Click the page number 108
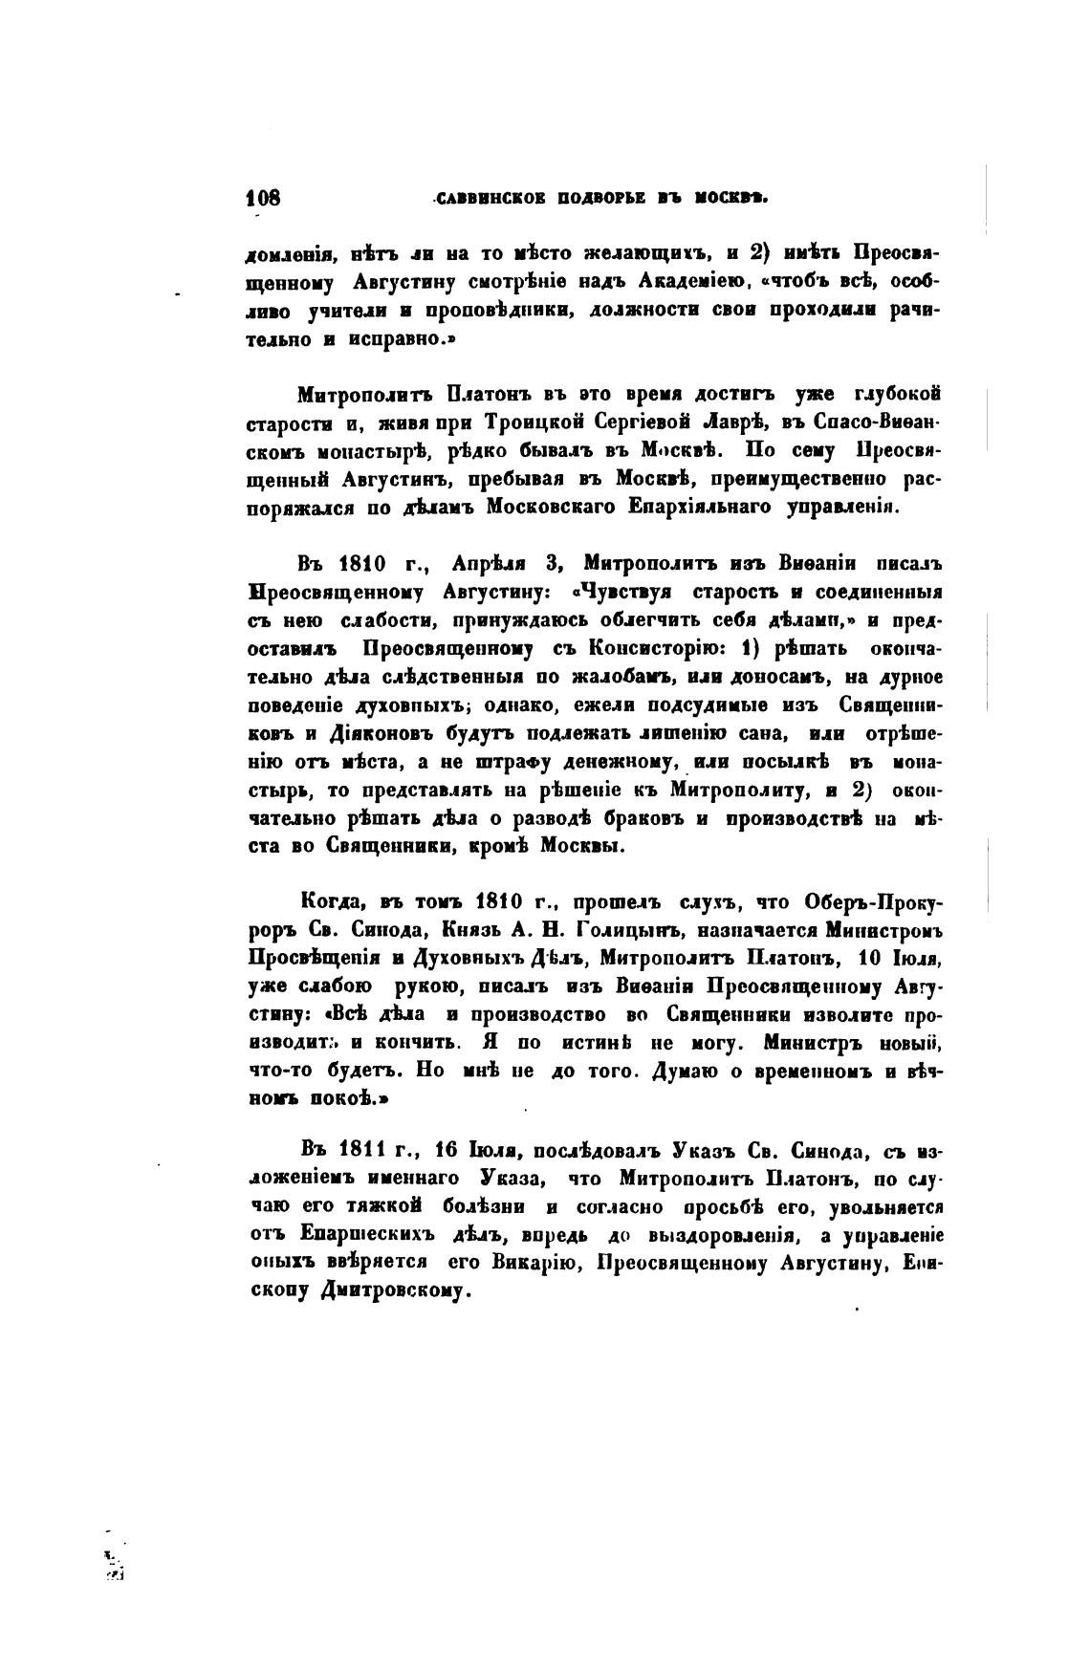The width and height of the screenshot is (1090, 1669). [263, 199]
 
